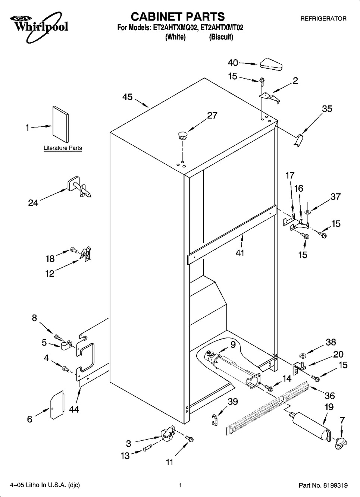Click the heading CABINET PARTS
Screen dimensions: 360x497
(178, 17)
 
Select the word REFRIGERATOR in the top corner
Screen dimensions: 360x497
(323, 19)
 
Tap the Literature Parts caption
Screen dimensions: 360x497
(63, 148)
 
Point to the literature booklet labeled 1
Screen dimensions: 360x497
(60, 125)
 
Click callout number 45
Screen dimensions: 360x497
(127, 97)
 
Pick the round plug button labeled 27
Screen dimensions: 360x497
(182, 135)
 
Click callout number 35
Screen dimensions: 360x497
(327, 109)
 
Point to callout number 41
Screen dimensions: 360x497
(240, 253)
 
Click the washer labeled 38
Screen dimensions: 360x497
(302, 356)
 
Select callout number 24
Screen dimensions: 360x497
(33, 203)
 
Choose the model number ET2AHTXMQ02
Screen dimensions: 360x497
(175, 28)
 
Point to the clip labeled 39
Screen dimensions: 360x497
(214, 420)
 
